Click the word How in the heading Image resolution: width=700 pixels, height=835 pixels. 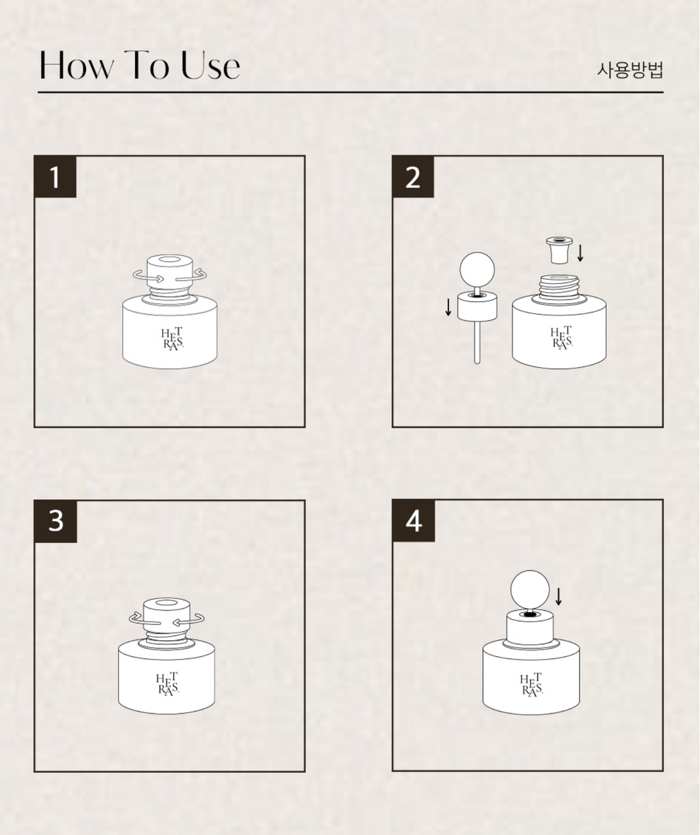click(77, 65)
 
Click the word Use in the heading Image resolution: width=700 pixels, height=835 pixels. click(211, 65)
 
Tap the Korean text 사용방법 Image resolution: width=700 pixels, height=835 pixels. click(630, 70)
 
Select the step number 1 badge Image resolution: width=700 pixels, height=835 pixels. click(55, 176)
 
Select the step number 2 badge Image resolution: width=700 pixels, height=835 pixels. click(413, 176)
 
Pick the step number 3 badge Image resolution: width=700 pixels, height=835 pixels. click(55, 521)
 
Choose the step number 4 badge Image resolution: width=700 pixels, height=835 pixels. click(414, 520)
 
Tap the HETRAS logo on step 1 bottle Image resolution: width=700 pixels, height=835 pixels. click(173, 339)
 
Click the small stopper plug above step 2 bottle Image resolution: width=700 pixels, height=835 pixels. click(559, 250)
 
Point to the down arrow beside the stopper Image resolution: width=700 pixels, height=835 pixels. click(580, 253)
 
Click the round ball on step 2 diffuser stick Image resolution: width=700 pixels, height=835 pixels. click(477, 269)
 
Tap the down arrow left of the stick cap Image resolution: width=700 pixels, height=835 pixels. click(448, 307)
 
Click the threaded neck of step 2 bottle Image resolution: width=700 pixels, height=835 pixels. click(559, 287)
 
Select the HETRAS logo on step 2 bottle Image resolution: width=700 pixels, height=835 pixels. click(561, 338)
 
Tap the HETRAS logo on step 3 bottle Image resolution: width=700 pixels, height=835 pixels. click(167, 685)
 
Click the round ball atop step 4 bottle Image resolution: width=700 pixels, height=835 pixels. click(530, 590)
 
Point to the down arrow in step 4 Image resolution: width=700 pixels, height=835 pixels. click(559, 596)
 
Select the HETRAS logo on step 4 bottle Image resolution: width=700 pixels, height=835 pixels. click(531, 685)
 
